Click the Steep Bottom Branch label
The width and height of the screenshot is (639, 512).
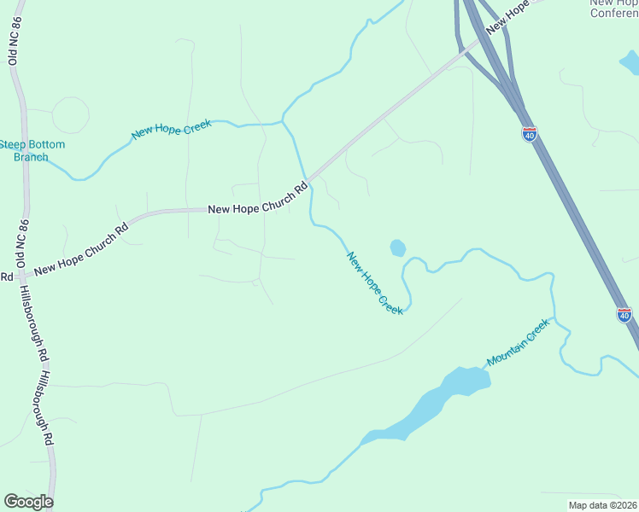32,150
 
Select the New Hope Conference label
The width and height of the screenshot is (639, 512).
613,8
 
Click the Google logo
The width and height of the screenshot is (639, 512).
28,501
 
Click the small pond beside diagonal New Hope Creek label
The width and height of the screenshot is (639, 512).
397,248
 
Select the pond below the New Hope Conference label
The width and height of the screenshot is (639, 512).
630,61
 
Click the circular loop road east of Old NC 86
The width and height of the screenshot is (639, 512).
70,114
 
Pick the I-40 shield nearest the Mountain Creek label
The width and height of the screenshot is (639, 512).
624,315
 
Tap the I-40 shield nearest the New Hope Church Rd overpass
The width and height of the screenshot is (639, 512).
530,134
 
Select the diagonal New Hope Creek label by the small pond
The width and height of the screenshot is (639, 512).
374,282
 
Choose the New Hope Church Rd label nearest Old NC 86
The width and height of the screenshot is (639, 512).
80,248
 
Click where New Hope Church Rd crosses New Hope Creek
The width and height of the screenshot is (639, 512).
305,180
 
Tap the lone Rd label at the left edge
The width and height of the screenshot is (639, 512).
6,276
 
